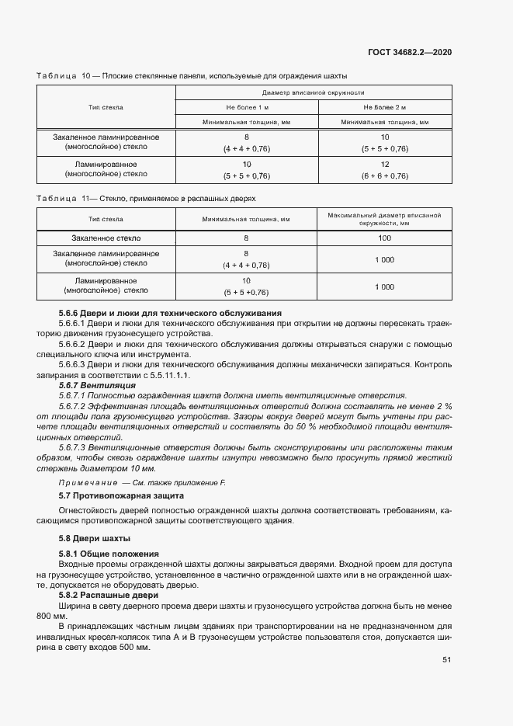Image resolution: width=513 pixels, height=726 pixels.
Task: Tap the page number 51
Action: coord(447,660)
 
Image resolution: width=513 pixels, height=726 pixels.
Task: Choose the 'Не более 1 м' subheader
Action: coord(247,107)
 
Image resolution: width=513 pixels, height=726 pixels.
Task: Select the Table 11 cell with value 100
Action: coord(384,238)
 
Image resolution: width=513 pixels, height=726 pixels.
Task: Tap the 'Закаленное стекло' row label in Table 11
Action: coord(106,238)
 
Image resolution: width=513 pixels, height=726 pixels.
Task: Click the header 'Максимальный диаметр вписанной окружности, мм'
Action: coord(384,218)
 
